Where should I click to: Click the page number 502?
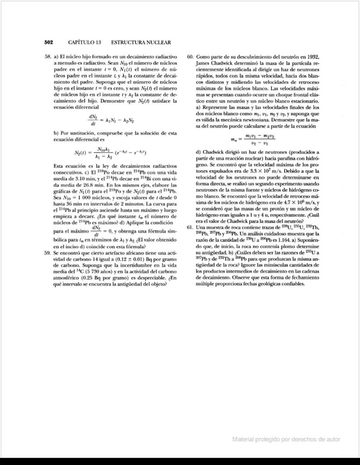[x=49, y=42]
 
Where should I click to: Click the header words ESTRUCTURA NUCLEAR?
[x=141, y=42]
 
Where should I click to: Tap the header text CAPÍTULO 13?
[x=85, y=42]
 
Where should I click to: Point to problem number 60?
[x=190, y=57]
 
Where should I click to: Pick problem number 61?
[x=190, y=227]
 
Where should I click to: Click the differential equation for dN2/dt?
[x=111, y=120]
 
